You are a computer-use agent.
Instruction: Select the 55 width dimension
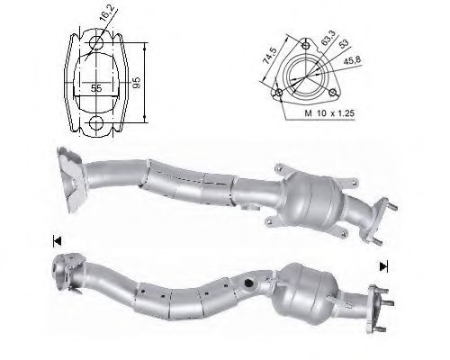(94, 87)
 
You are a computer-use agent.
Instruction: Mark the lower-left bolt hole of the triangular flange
(280, 92)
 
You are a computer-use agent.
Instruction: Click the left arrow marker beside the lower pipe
(57, 240)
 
